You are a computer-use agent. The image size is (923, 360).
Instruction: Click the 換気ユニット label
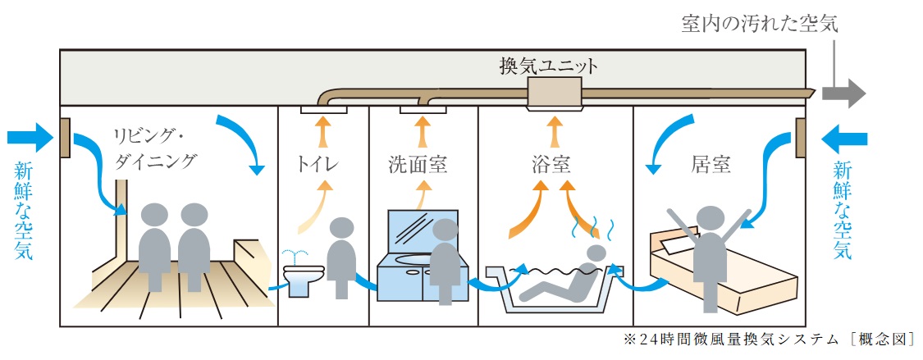click(549, 65)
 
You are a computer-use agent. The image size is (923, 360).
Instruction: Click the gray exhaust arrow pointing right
click(844, 93)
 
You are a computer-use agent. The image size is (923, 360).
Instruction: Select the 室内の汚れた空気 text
click(759, 25)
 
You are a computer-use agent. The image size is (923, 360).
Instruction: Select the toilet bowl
click(303, 276)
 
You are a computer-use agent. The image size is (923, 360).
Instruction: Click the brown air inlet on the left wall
click(65, 139)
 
